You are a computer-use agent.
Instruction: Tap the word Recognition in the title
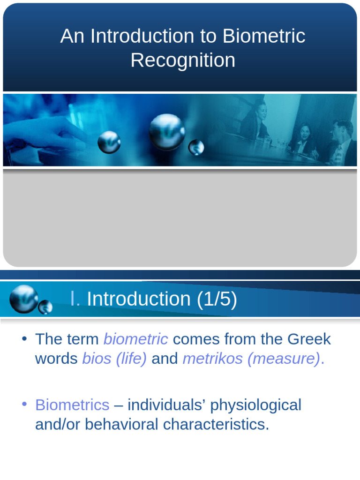click(x=183, y=60)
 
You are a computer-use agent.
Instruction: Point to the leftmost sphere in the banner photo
click(x=109, y=142)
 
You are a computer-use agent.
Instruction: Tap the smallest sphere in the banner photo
click(x=196, y=147)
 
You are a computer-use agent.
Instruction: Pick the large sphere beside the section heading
click(x=23, y=299)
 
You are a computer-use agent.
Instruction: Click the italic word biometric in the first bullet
click(x=135, y=339)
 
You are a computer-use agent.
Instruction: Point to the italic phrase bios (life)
click(x=114, y=359)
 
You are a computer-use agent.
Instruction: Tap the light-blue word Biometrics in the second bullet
click(x=72, y=405)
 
